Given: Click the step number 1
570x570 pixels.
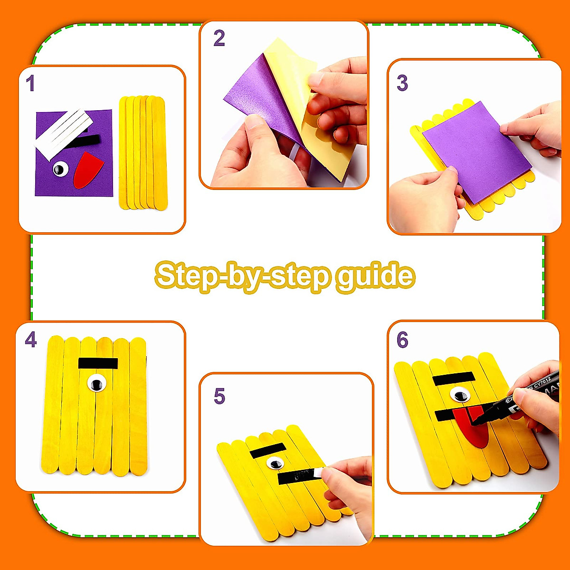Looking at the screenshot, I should [30, 84].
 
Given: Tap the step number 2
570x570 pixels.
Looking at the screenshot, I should [219, 38].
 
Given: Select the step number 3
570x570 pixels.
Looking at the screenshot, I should [402, 83].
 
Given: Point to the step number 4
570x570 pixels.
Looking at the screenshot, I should [30, 340].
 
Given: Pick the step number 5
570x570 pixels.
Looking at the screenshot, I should [219, 396].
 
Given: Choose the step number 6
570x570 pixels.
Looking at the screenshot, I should [402, 340].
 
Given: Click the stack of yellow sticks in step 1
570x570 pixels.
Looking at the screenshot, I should [143, 152].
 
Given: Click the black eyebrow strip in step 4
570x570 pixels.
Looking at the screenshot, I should [98, 363].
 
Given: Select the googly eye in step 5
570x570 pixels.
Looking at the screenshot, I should [274, 463].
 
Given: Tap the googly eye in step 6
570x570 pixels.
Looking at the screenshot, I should [459, 395].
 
